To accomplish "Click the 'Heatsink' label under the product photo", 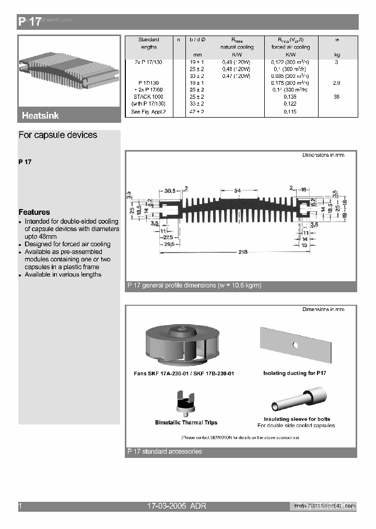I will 40,116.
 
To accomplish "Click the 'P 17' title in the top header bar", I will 29,22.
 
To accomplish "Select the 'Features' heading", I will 34,212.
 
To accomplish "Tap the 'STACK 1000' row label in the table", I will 148,97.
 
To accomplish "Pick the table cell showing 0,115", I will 290,112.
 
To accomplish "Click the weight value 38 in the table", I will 336,97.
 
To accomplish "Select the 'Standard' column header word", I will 148,40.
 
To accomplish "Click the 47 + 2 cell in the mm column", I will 197,112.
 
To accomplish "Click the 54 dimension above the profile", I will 237,191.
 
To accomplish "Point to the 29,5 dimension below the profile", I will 168,244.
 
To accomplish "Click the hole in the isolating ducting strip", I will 296,345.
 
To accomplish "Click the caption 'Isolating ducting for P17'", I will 295,373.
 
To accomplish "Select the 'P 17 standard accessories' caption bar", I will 164,452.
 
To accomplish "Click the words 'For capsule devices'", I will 58,135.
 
